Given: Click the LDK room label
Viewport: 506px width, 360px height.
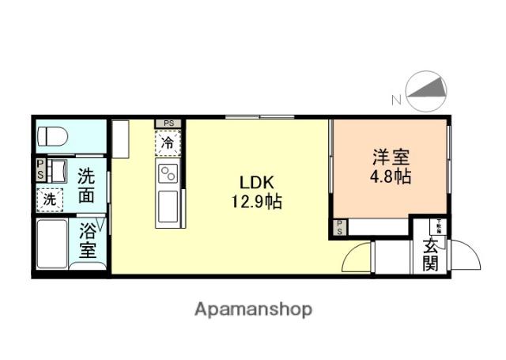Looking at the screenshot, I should (258, 182).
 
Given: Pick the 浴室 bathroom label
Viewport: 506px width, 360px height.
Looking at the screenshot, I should (88, 241).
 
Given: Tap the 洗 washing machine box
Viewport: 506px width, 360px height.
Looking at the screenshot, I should (49, 200).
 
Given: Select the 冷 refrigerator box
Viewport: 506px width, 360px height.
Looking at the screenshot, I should (168, 143).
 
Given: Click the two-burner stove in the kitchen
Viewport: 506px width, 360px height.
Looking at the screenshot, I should (168, 173).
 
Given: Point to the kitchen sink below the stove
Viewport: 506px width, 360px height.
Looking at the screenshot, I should (168, 207).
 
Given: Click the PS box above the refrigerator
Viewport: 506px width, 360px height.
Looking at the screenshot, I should (168, 124).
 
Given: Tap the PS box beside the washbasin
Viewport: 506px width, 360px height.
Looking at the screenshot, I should (39, 169).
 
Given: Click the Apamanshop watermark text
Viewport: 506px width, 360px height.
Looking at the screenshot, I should (253, 309).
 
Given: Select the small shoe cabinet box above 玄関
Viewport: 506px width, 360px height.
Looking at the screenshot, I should (437, 226).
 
